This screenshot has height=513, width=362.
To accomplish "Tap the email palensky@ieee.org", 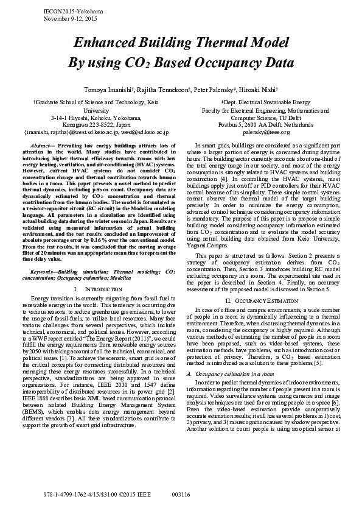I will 266,132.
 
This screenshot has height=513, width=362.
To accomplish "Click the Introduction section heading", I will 100,271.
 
